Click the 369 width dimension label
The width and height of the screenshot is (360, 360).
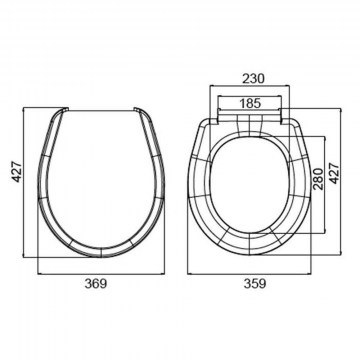pyautogui.click(x=96, y=284)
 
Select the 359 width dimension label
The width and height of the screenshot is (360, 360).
pyautogui.click(x=255, y=284)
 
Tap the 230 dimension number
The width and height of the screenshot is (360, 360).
pyautogui.click(x=253, y=79)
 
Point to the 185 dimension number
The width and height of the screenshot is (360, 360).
pyautogui.click(x=250, y=103)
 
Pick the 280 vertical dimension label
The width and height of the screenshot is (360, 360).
pyautogui.click(x=318, y=179)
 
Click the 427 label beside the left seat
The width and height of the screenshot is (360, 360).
pyautogui.click(x=17, y=171)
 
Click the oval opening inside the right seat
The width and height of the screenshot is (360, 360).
pyautogui.click(x=250, y=185)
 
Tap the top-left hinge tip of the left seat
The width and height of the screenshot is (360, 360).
pyautogui.click(x=66, y=109)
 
